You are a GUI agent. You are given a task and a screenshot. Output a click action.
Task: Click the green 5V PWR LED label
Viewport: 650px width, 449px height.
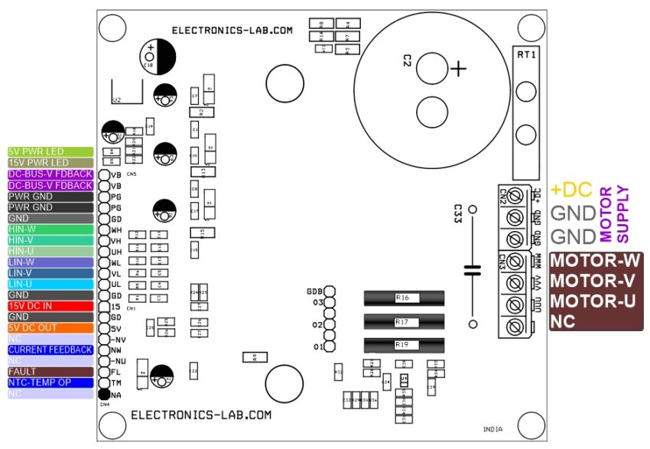50,151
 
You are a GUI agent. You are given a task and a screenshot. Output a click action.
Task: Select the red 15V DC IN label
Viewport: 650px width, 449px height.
50,305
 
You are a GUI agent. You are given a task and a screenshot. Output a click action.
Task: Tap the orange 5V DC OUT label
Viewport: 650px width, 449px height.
50,327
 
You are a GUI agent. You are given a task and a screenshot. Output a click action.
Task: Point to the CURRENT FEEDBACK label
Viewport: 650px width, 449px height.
50,350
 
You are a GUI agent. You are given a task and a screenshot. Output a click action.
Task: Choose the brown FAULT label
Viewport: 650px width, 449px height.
50,371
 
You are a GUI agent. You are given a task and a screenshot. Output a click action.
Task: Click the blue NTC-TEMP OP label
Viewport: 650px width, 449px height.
50,382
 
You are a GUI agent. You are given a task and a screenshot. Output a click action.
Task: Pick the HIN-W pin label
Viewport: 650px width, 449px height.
50,229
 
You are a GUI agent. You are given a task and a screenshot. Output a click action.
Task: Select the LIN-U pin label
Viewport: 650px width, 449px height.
50,284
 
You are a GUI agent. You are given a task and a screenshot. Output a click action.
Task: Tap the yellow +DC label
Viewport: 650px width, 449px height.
571,190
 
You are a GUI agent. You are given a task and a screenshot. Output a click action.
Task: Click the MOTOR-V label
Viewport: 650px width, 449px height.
594,281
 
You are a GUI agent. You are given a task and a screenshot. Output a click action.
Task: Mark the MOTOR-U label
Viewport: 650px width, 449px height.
594,301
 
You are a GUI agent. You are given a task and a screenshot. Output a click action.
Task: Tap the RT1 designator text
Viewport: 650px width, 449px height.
527,55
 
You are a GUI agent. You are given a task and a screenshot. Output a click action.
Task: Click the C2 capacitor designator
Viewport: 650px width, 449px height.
408,61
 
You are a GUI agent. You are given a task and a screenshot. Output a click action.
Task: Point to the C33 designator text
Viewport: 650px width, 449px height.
457,213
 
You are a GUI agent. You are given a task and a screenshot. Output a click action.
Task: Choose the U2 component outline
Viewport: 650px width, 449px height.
127,91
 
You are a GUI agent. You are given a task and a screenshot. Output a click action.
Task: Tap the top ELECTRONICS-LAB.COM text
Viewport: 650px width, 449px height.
232,31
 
